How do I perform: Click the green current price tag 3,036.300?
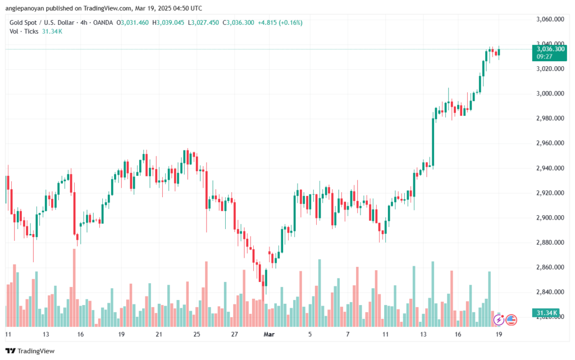[x=547, y=49]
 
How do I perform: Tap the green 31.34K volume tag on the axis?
[x=544, y=312]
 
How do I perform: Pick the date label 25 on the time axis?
[x=197, y=334]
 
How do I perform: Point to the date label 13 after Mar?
[x=422, y=334]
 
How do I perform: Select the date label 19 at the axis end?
[x=498, y=334]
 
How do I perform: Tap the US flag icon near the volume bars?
[x=511, y=320]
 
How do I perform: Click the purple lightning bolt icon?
[x=498, y=320]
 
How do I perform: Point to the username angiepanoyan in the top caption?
[x=28, y=8]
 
